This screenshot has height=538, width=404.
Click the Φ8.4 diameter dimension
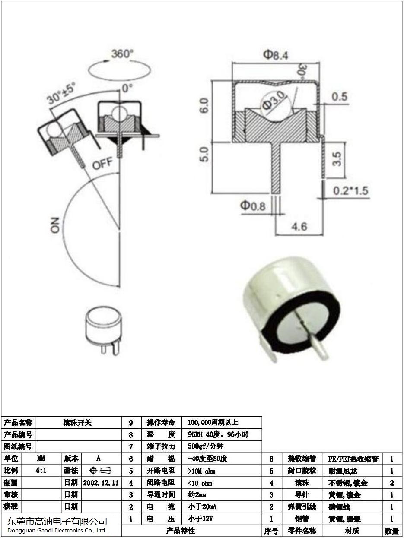(276, 55)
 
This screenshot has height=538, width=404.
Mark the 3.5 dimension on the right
(338, 158)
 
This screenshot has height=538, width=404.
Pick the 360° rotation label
(122, 54)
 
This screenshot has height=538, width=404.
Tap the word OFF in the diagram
(102, 164)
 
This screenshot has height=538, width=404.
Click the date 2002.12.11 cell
(101, 482)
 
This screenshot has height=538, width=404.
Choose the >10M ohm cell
(201, 471)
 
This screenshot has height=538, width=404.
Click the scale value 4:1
(41, 470)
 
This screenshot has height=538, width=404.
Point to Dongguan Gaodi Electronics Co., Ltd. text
(57, 530)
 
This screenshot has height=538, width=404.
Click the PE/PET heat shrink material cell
(353, 459)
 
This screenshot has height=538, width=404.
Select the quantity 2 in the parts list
(391, 483)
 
